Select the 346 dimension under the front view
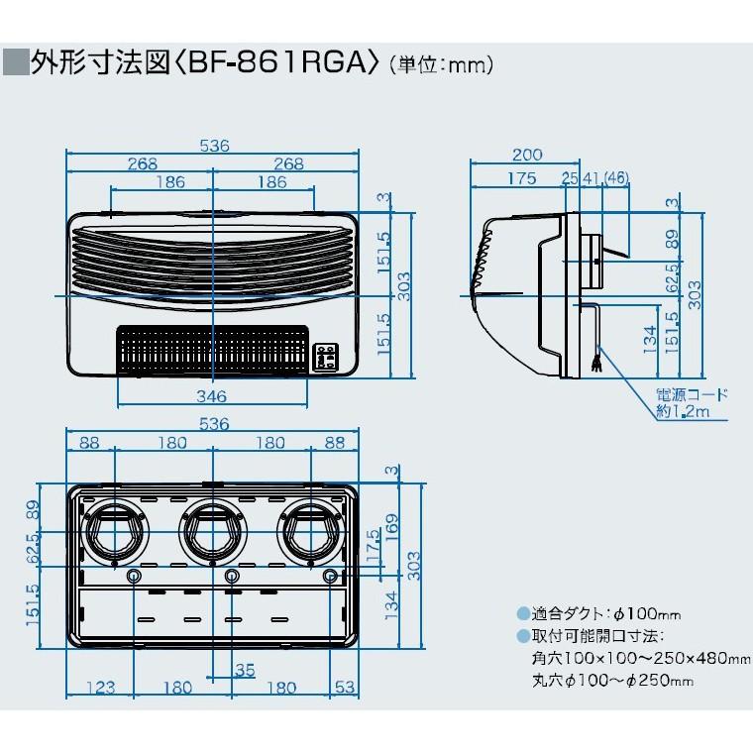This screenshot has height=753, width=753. click(x=210, y=395)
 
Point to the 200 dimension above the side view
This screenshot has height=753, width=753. click(x=528, y=154)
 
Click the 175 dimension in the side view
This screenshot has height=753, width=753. click(x=520, y=179)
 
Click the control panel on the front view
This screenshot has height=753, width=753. click(x=326, y=356)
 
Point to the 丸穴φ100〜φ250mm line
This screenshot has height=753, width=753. click(x=611, y=680)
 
